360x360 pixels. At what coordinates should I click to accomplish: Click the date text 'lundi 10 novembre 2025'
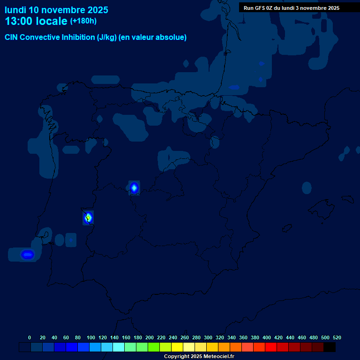pos(56,10)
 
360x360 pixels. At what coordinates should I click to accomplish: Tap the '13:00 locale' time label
pos(36,22)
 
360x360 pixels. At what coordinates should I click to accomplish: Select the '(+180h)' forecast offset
pos(83,21)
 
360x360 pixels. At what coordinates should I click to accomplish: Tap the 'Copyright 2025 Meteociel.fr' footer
pos(199,357)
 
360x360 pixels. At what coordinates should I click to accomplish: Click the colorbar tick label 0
pos(30,337)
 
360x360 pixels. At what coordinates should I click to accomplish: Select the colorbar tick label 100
pos(90,337)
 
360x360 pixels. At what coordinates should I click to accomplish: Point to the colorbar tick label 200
pos(150,337)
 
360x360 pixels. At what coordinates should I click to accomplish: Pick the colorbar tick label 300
pos(208,337)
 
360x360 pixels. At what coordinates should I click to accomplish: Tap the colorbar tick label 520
pos(337,337)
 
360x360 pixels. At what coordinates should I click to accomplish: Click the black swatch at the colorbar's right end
pos(330,347)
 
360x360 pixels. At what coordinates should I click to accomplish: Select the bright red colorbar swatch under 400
pos(271,347)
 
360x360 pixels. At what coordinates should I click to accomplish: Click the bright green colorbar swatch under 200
pos(154,347)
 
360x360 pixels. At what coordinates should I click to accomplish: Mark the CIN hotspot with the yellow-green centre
pos(88,217)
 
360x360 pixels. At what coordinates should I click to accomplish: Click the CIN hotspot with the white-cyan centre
pos(134,188)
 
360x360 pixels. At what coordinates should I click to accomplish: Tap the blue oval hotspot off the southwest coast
pos(28,255)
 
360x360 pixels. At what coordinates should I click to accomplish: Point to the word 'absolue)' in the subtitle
pos(173,37)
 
